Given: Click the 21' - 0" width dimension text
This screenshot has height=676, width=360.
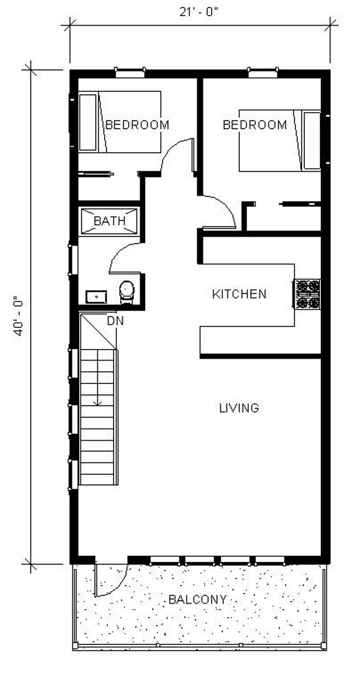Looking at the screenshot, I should (199, 12).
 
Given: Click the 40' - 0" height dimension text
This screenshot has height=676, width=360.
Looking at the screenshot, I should (18, 316).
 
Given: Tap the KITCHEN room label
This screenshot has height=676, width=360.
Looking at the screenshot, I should (239, 294).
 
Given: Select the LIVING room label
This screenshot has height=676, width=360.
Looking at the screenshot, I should (239, 408).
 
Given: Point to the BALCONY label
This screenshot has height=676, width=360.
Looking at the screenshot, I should (197, 599).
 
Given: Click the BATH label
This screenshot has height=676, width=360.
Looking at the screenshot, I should (109, 221).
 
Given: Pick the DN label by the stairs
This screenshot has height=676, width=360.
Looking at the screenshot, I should (115, 321).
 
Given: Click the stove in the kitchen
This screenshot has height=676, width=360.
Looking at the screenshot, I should (307, 294).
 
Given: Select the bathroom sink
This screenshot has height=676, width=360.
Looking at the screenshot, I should (96, 297).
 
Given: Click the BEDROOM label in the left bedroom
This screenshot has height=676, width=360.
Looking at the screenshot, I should (137, 125).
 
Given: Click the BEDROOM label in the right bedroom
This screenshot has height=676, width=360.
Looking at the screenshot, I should (255, 125).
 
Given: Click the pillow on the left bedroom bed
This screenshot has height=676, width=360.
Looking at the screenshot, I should (88, 122).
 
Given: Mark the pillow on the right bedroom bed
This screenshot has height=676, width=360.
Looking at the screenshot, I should (311, 140).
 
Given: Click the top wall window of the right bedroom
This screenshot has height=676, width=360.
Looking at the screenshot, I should (262, 71).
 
